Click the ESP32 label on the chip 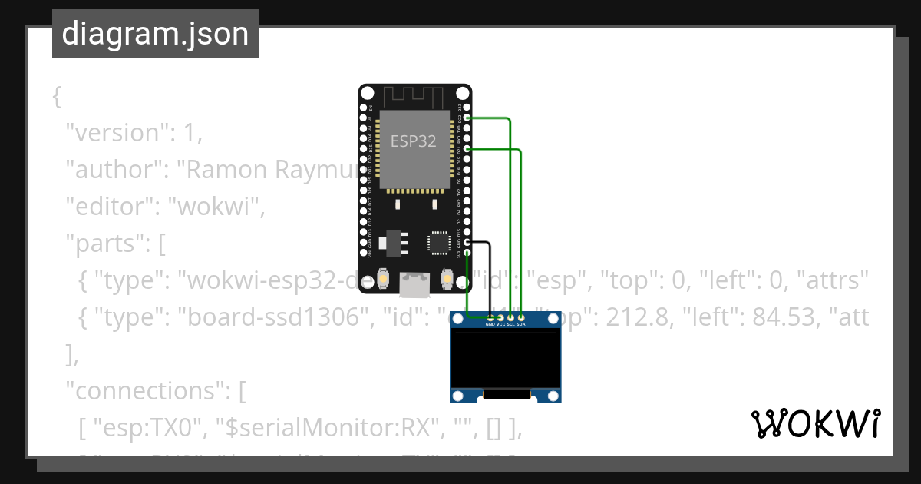point(414,141)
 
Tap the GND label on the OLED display point(490,324)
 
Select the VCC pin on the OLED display point(501,317)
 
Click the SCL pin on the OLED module point(511,317)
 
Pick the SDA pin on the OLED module point(521,317)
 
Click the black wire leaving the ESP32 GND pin point(490,277)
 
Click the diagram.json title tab point(155,34)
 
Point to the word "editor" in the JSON point(111,207)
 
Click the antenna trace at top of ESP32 point(414,96)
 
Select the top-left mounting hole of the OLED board point(458,321)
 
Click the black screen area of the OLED point(505,359)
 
